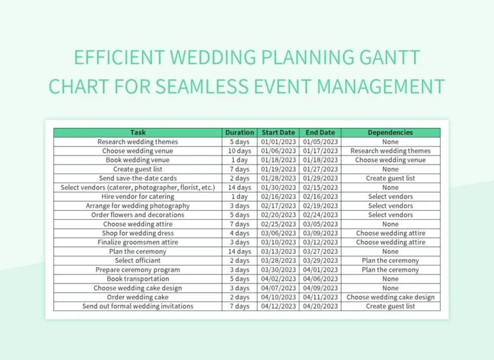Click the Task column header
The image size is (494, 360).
[138, 132]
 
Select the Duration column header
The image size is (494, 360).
[239, 132]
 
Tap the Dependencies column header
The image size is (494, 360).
[390, 132]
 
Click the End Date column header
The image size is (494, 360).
[320, 132]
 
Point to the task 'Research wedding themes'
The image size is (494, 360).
[138, 141]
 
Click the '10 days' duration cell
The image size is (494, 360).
[239, 151]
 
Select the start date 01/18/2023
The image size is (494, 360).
[278, 160]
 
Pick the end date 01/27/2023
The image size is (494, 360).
[320, 169]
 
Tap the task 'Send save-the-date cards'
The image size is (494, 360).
[138, 178]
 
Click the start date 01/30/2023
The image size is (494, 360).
[278, 188]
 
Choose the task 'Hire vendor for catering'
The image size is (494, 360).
[138, 197]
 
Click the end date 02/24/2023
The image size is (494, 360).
[320, 215]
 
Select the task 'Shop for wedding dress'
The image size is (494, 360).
[138, 233]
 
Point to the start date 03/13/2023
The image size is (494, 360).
[278, 251]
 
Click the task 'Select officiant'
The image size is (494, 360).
[138, 260]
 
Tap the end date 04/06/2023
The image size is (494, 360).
[320, 279]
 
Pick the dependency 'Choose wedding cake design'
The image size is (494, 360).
[390, 297]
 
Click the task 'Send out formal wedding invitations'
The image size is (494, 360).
[138, 306]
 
